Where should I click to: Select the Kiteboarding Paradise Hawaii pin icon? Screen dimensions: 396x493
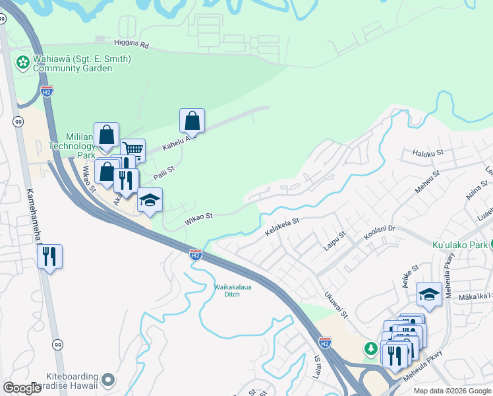tap(109, 380)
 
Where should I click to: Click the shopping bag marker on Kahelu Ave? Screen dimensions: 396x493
tap(192, 120)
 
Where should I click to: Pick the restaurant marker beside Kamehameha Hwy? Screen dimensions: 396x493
tap(49, 255)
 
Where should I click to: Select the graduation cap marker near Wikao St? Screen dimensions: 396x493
tap(150, 199)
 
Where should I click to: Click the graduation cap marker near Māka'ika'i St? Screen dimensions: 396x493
tap(429, 294)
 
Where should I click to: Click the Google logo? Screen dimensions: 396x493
tap(22, 387)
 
